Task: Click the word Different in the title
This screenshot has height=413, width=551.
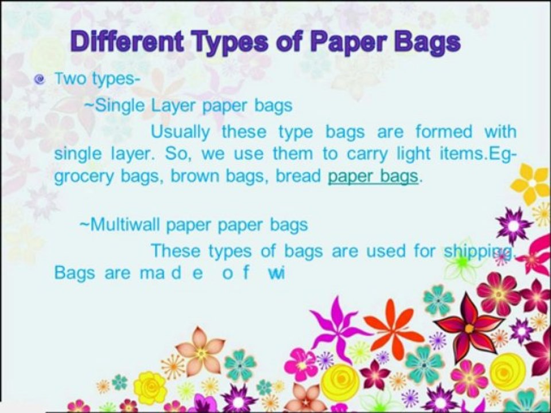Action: click(x=127, y=41)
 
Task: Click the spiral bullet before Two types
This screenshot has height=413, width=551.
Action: click(x=40, y=79)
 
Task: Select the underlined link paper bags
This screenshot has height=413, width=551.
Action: click(x=373, y=176)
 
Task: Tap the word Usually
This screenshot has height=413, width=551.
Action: click(x=180, y=133)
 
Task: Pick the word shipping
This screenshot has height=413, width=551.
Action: click(x=479, y=252)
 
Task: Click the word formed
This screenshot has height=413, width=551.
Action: click(x=444, y=132)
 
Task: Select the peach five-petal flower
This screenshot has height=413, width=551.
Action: click(x=200, y=352)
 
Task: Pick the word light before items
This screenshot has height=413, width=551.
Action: click(x=413, y=154)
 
